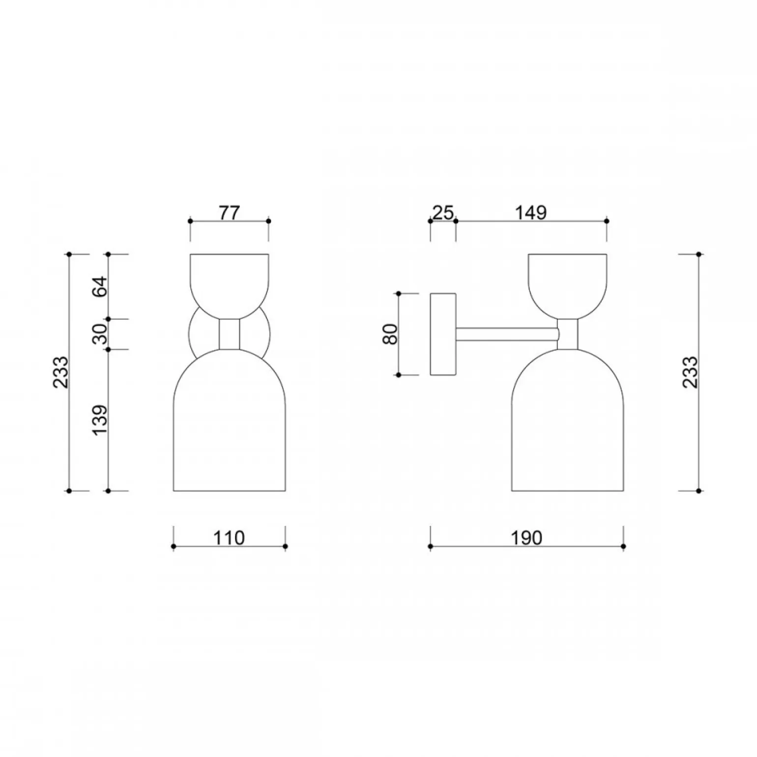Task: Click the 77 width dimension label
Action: (x=229, y=213)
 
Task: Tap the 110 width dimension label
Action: (x=229, y=538)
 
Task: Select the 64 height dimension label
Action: (x=100, y=286)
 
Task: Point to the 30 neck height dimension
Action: (x=100, y=334)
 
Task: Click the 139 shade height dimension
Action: (x=100, y=419)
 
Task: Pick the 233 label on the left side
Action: (x=61, y=372)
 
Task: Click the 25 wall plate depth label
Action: (x=443, y=213)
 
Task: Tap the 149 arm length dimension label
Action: (x=531, y=213)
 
